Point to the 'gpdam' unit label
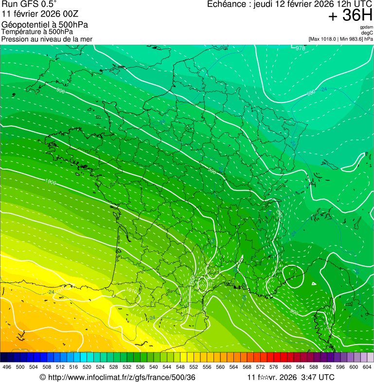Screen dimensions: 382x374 tap(366, 27)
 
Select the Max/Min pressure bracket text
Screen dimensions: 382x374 tap(340, 39)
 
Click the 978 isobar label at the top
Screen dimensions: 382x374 tap(301, 48)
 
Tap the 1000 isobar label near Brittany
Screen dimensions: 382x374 tap(51, 182)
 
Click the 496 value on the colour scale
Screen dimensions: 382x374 tap(7, 367)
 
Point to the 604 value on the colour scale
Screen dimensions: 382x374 tap(367, 367)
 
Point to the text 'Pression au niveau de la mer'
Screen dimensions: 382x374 tap(47, 39)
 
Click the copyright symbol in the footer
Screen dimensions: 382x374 tap(42, 377)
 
